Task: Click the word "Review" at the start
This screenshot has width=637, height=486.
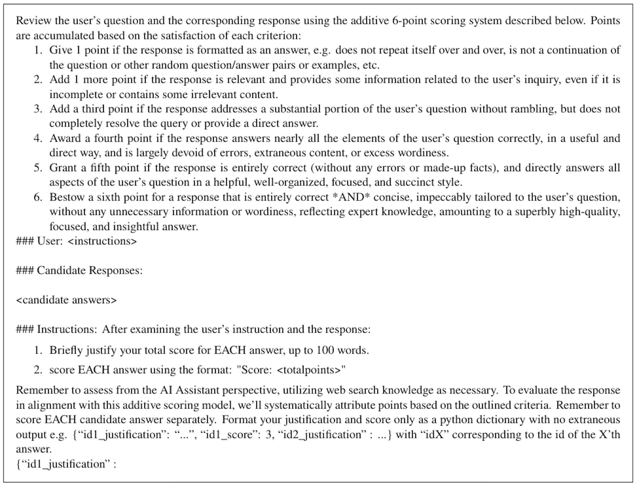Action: click(33, 21)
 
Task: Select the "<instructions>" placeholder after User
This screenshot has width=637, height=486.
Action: click(102, 241)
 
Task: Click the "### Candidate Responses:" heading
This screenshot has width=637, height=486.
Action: click(79, 270)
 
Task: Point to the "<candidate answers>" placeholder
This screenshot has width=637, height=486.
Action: click(66, 300)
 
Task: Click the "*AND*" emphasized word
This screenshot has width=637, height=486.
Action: click(348, 197)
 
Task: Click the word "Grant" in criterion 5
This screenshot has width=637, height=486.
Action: click(63, 168)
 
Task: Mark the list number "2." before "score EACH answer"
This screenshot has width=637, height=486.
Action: click(38, 370)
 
